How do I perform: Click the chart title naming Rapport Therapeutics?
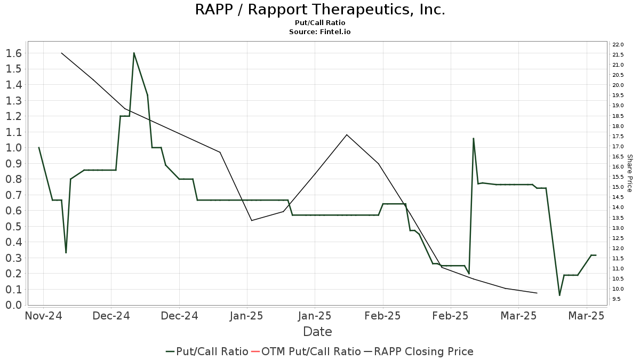[319, 10]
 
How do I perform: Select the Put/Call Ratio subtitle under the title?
[319, 23]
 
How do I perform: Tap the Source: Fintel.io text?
[319, 32]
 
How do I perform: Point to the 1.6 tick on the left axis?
[13, 53]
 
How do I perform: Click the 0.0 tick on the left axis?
[13, 305]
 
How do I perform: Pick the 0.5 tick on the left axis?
[13, 226]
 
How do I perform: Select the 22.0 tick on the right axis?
[618, 44]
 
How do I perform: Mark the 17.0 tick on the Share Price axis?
[618, 146]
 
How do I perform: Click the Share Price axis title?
[629, 173]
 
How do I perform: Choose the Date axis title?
[317, 332]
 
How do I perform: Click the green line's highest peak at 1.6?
[134, 53]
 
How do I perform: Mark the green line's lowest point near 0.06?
[559, 295]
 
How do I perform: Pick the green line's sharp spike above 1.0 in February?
[473, 138]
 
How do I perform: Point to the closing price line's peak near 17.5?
[347, 134]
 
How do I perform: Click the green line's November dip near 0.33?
[66, 252]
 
